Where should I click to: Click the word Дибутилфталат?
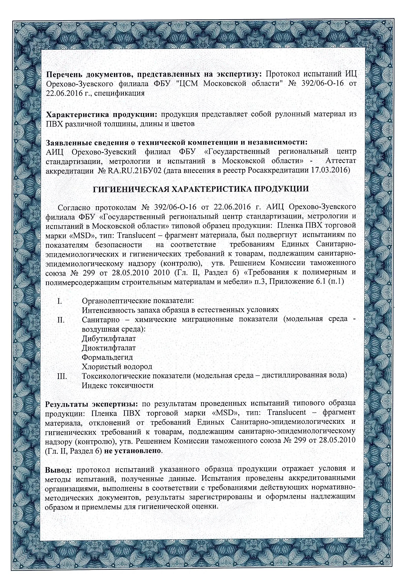[x=109, y=339]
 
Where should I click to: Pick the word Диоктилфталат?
[x=109, y=348]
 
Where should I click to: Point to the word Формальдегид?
[x=107, y=357]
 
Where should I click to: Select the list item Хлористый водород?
[x=117, y=367]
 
